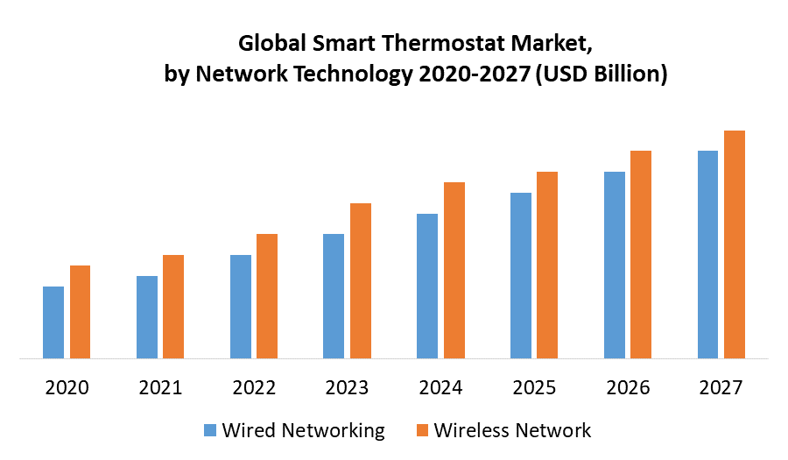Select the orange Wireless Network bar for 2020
(80, 312)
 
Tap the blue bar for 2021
(147, 317)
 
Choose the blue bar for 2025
(521, 275)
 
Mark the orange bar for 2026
(641, 254)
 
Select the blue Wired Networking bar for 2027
(707, 254)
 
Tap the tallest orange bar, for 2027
(735, 244)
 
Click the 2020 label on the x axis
(67, 387)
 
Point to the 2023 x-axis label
(347, 387)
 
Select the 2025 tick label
(534, 387)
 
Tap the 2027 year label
(721, 387)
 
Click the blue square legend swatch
(210, 430)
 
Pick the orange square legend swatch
(422, 430)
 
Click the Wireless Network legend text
(512, 430)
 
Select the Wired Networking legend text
(303, 430)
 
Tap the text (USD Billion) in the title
(602, 75)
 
